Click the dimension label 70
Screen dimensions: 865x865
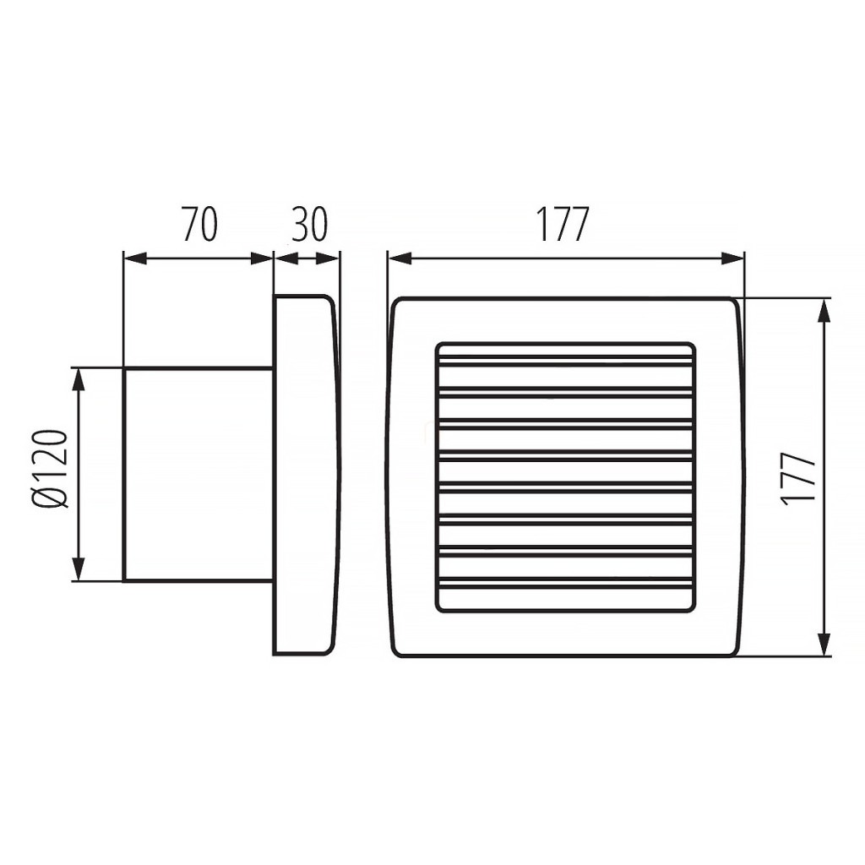199,225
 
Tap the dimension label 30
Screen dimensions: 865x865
309,225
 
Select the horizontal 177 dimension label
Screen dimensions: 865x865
563,225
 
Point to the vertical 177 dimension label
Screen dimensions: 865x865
798,476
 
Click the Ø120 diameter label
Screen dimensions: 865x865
53,469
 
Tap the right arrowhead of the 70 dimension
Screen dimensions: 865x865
262,258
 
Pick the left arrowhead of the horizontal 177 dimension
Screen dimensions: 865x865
400,258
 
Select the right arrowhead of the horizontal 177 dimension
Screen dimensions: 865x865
732,258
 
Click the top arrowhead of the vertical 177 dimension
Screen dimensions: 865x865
824,311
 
